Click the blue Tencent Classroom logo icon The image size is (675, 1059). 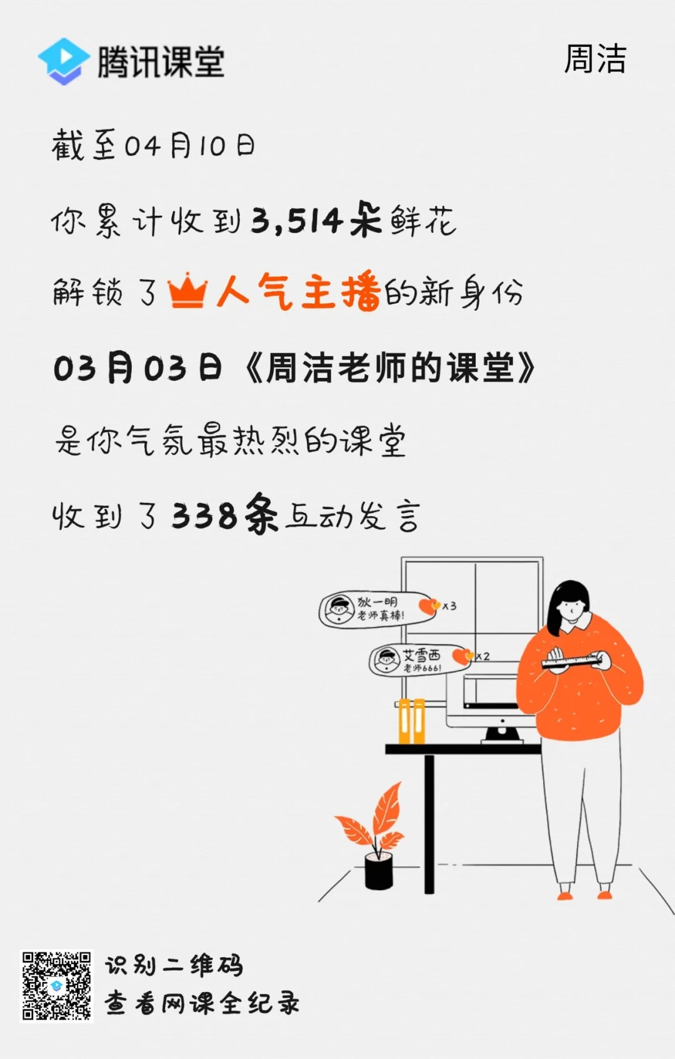pos(64,61)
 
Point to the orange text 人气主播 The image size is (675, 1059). pos(299,291)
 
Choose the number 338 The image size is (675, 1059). pos(204,516)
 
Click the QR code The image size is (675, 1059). pos(57,986)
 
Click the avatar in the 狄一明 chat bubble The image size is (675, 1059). pos(338,609)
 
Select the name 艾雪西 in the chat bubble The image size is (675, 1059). pos(421,656)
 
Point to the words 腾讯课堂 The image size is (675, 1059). pos(161,61)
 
